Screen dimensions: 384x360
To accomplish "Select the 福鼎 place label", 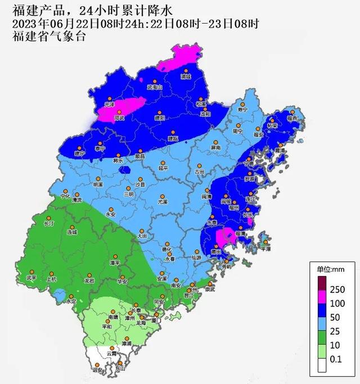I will coord(291,119).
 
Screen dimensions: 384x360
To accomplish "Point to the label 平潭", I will coord(265,249).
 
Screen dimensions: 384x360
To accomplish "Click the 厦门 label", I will coord(158,320).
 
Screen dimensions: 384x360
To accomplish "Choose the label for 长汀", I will coord(49,223).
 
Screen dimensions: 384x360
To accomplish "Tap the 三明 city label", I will coord(129,194).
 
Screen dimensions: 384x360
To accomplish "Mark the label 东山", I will coord(119,369).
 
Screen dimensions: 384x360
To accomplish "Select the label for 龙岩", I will coord(89,280).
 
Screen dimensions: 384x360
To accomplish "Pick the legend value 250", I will coord(336,290).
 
